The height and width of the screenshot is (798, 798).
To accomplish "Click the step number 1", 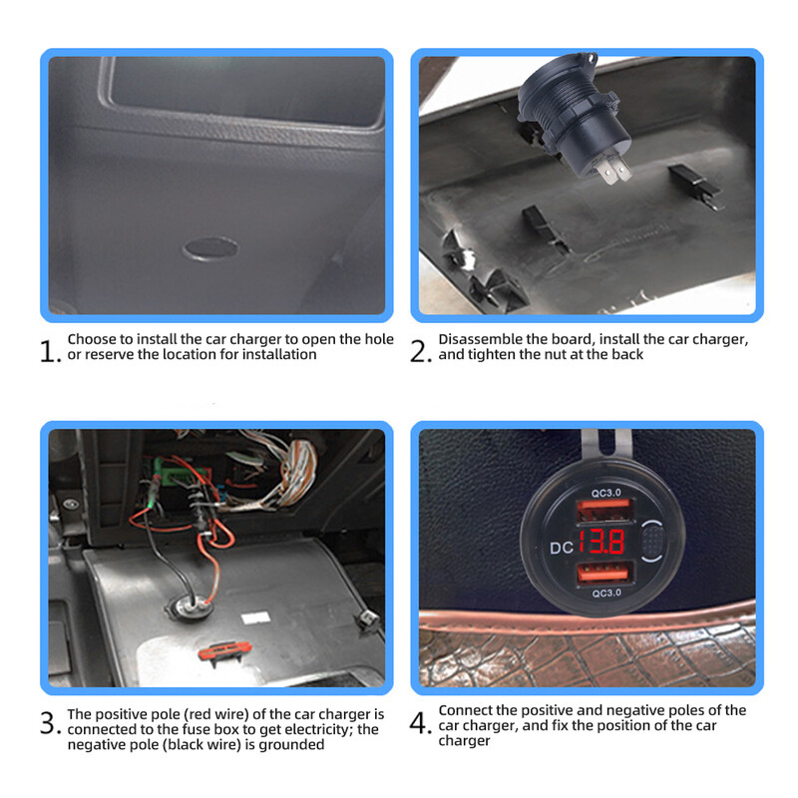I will (x=50, y=351).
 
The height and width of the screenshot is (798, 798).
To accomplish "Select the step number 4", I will (x=421, y=723).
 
